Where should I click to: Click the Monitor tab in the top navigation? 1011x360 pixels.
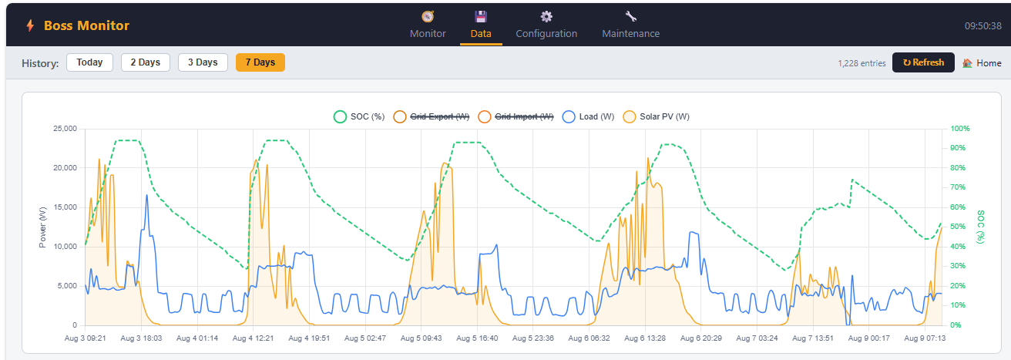tap(428, 25)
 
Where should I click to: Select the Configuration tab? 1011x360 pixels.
tap(546, 25)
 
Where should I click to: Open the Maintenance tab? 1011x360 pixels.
tap(630, 25)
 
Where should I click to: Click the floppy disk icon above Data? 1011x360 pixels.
tap(481, 17)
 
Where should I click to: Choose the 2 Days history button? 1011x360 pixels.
tap(146, 62)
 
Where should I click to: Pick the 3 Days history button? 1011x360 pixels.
tap(203, 62)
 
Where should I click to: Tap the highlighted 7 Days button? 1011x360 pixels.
tap(260, 62)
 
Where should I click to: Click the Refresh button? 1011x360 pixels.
tap(923, 62)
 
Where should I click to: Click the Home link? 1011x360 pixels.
tap(982, 62)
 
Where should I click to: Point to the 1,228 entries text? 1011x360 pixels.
tap(862, 63)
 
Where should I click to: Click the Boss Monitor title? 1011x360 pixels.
tap(86, 25)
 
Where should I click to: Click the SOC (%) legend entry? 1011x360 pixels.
tap(359, 116)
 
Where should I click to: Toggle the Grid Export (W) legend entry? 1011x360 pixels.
tap(432, 116)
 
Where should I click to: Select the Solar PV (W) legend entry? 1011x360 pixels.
tap(657, 116)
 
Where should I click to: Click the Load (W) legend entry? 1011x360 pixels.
tap(589, 116)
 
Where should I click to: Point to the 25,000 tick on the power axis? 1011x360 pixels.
tap(65, 129)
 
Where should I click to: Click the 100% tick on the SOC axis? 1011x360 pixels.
tap(960, 129)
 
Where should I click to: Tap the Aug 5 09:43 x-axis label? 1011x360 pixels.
tap(421, 338)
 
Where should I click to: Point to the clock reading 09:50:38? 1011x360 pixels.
tap(983, 25)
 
